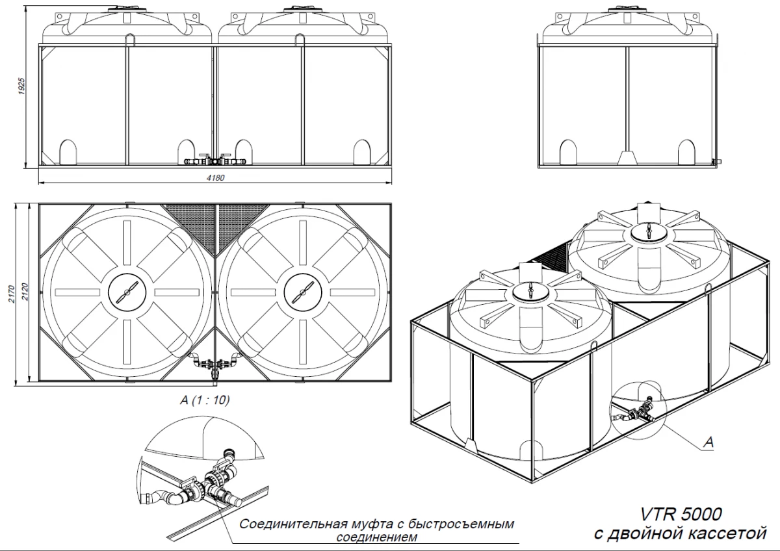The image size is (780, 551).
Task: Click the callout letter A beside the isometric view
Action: click(x=710, y=442)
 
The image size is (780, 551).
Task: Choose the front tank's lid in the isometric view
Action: click(x=532, y=292)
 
